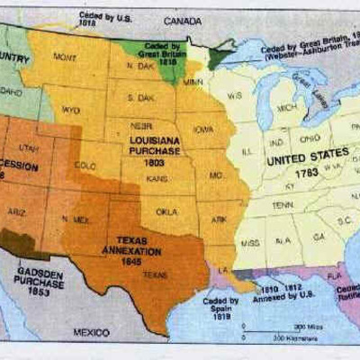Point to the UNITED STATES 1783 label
click(306, 165)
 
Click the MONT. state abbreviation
click(65, 57)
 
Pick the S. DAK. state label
click(140, 96)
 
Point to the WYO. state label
click(71, 111)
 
